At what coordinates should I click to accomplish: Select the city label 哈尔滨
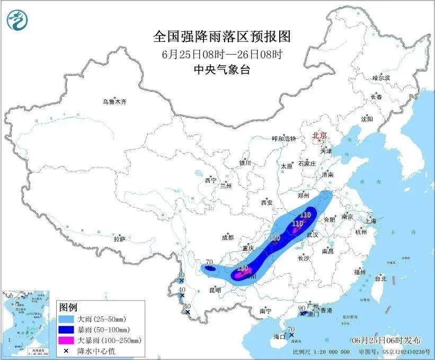pos(380,77)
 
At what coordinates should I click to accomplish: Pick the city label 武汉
pos(313,234)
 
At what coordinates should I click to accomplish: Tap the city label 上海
pos(370,221)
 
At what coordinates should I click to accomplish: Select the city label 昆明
pos(215,290)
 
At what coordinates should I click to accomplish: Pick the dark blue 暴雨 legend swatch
pos(68,330)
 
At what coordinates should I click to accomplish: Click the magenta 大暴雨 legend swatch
pos(68,340)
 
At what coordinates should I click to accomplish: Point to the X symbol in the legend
pos(68,350)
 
